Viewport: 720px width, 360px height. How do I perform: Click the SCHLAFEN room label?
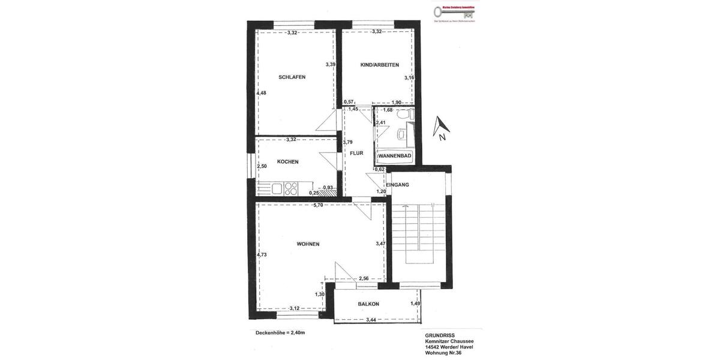pos(292,77)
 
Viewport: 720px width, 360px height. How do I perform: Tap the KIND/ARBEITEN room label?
pos(379,65)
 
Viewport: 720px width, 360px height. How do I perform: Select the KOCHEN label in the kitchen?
pos(287,161)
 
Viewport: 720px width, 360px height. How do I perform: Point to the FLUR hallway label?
pos(356,153)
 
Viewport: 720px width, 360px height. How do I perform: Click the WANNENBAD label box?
pos(394,156)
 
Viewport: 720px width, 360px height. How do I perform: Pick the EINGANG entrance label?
pos(397,185)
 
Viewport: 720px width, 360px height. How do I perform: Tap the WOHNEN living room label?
pos(308,244)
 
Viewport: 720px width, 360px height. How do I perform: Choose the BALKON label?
pos(368,304)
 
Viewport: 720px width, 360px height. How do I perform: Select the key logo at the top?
pos(454,11)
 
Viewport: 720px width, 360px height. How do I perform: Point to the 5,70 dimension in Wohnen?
pos(318,205)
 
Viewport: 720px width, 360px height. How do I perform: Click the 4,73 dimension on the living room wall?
pos(262,254)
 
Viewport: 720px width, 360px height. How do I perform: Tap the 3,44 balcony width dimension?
pos(371,320)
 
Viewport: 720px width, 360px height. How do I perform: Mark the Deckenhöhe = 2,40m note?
pos(280,332)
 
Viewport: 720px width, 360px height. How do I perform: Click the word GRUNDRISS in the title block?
pos(440,335)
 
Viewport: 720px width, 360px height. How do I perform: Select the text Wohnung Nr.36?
pos(443,353)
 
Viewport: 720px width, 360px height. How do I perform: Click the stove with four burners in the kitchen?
pos(291,188)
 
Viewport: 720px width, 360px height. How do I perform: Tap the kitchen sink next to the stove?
pos(277,188)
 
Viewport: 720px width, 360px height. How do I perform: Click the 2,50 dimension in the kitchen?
pos(262,166)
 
